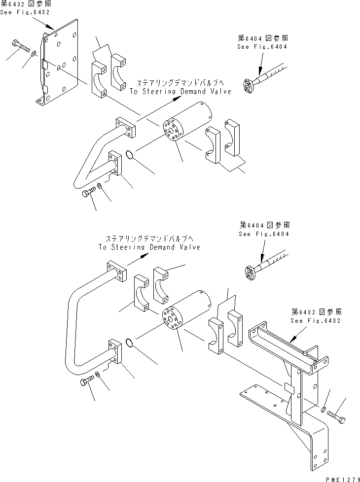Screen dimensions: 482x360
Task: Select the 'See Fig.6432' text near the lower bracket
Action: [x=316, y=320]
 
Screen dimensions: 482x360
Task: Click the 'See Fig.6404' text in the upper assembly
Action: [x=262, y=46]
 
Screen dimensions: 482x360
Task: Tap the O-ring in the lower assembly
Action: [x=129, y=343]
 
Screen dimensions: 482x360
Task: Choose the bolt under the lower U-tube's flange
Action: [x=86, y=382]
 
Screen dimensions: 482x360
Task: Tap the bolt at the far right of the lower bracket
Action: [x=338, y=418]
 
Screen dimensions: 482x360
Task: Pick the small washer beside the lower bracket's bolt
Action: [x=323, y=410]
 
